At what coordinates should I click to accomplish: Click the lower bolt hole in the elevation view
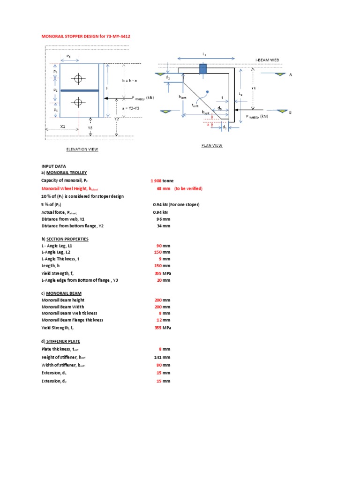point(78,102)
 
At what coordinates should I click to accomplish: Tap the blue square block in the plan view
point(203,69)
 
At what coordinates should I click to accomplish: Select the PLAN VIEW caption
point(212,146)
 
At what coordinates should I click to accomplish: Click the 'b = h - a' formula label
point(129,81)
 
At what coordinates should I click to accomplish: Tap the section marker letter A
point(290,75)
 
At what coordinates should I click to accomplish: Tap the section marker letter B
point(290,112)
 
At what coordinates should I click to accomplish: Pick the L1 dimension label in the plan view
point(204,54)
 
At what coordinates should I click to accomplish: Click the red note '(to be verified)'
point(188,188)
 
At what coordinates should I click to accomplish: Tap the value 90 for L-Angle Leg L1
point(159,246)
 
